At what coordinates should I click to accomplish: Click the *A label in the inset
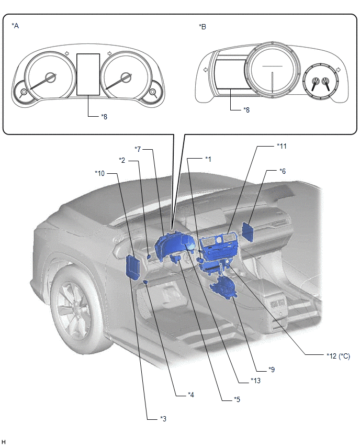click(x=15, y=26)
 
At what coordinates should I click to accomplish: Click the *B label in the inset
click(x=203, y=27)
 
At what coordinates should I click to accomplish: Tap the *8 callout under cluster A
click(x=104, y=117)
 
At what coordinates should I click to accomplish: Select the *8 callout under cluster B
click(x=246, y=110)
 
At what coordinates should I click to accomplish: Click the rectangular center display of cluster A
click(x=88, y=74)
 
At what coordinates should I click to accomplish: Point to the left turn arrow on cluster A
click(x=67, y=53)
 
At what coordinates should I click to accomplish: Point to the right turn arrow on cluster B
click(x=338, y=70)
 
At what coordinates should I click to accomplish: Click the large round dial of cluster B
click(x=272, y=70)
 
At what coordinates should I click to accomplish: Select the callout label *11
click(x=282, y=146)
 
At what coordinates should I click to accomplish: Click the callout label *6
click(x=283, y=171)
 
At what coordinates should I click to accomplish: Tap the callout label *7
click(x=138, y=149)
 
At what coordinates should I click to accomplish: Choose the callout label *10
click(x=99, y=173)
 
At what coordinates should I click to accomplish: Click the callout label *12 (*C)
click(x=339, y=356)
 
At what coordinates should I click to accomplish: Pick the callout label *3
click(x=163, y=419)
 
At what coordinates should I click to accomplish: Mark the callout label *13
click(x=255, y=380)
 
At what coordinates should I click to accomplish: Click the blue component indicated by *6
click(x=247, y=231)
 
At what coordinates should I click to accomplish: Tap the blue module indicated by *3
click(x=132, y=268)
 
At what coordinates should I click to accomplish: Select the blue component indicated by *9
click(x=223, y=288)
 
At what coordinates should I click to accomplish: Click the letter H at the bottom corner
click(x=4, y=442)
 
